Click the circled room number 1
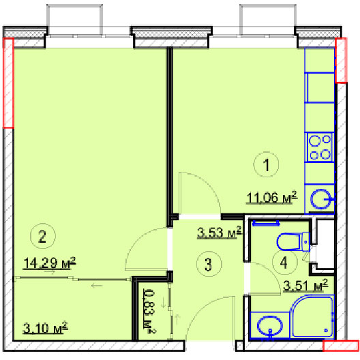[266, 164]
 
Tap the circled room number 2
[43, 236]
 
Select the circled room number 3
[209, 264]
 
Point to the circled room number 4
[284, 262]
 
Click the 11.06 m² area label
[271, 197]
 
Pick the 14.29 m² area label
[49, 262]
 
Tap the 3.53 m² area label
[220, 232]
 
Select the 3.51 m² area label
[305, 285]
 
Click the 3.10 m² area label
[45, 327]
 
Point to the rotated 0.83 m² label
[149, 312]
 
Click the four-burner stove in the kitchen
[319, 147]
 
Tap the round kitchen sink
[320, 199]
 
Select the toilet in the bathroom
[293, 242]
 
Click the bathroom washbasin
[269, 325]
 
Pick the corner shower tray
[312, 316]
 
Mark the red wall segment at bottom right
[340, 346]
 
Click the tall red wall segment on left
[8, 82]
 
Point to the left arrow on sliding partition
[97, 286]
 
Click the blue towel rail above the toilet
[266, 223]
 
